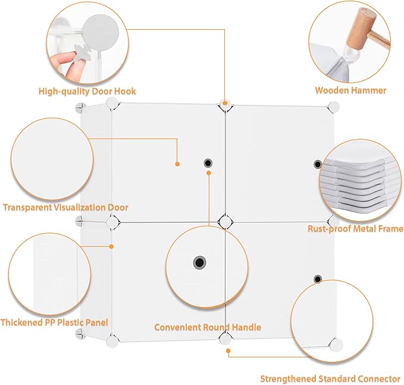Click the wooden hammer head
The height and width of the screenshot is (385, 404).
[360, 29]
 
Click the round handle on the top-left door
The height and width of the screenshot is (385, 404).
[208, 163]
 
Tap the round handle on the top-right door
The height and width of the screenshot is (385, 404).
[318, 164]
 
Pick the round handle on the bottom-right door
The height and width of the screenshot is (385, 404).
[318, 279]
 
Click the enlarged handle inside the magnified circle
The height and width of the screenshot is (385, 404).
[199, 262]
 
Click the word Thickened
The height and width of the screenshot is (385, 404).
[21, 323]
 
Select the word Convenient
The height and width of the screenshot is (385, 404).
[177, 327]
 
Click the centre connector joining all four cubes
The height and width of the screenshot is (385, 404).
[225, 221]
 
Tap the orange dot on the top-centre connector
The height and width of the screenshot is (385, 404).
[225, 103]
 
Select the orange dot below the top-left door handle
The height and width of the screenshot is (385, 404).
[209, 173]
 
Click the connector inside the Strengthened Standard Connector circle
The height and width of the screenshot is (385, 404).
[336, 345]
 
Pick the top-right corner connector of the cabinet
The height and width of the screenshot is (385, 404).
[334, 107]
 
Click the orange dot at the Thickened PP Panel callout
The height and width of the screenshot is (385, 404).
[111, 246]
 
